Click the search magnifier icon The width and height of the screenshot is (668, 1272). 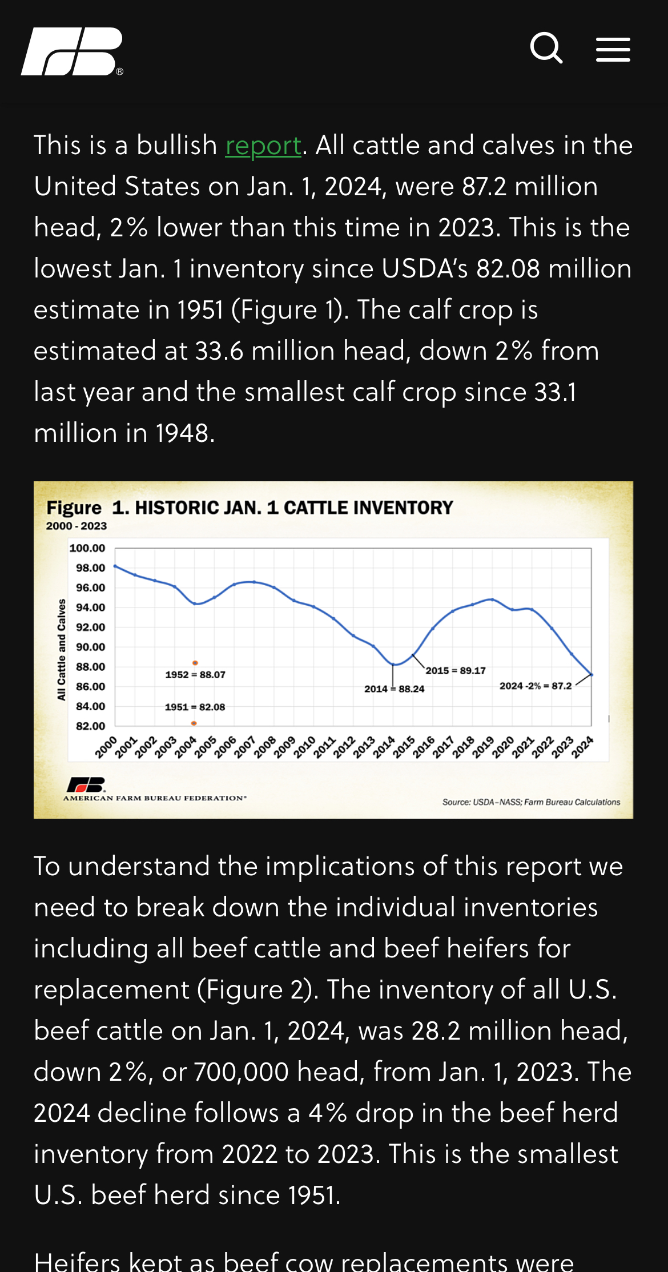point(546,48)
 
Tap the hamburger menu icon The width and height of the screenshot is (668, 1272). point(613,50)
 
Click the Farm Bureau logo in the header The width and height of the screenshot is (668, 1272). point(72,51)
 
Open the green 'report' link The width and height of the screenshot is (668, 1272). point(263,146)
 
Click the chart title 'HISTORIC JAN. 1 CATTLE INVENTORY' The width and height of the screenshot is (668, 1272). point(294,508)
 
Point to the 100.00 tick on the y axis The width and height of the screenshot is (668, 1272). point(87,548)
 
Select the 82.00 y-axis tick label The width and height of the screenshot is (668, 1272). point(91,726)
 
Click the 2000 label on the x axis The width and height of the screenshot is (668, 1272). point(106,747)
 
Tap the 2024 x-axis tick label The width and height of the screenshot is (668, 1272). point(583,747)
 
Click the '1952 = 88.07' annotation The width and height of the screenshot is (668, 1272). point(195,675)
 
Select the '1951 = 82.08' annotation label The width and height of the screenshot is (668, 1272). point(195,707)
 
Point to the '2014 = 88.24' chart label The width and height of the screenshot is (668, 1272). point(395,689)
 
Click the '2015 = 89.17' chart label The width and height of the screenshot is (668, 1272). point(456,671)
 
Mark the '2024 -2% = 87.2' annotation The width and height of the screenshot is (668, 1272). point(536,686)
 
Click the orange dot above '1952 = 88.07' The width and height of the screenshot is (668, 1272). point(195,663)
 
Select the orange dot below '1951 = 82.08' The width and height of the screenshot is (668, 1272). point(194,723)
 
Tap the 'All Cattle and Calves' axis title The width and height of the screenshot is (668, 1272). point(62,650)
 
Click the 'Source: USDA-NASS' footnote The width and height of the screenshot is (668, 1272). point(531,802)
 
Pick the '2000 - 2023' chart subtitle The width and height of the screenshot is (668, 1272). point(77,526)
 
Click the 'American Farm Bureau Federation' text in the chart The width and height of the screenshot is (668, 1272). point(155,798)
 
